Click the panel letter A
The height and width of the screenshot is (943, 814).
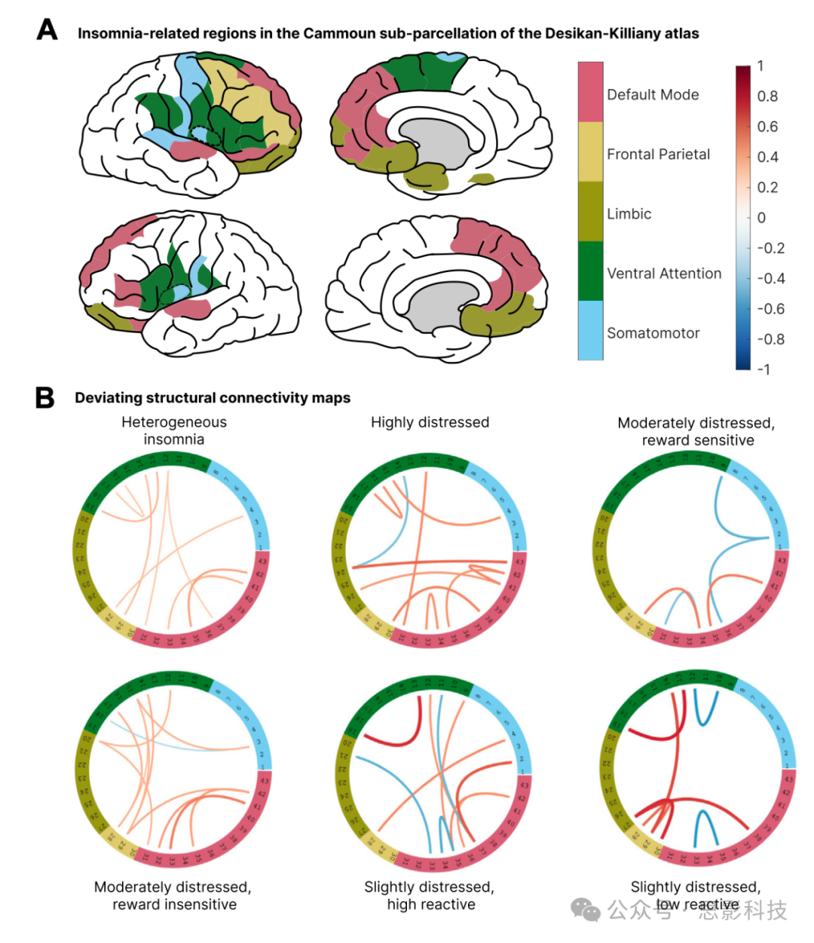tap(47, 30)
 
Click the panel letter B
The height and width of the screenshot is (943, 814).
tap(45, 396)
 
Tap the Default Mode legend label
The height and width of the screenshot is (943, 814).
tap(653, 95)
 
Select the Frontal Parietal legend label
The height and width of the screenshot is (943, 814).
tap(658, 155)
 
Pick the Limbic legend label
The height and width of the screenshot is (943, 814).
tap(629, 214)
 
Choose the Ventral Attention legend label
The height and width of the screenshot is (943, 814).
tap(664, 274)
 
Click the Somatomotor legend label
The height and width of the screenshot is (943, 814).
tap(653, 333)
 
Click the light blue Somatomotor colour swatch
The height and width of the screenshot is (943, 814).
tap(590, 331)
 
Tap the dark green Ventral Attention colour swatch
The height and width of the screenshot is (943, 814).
tap(590, 271)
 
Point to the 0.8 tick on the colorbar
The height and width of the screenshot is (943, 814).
tap(767, 96)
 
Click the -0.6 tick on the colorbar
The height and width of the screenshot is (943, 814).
tap(770, 309)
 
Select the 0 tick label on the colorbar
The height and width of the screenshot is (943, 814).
tap(761, 218)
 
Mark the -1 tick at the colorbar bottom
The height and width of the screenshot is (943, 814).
tap(764, 369)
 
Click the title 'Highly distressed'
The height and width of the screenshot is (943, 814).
tap(430, 422)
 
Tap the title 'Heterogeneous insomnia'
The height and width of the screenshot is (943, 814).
tap(174, 430)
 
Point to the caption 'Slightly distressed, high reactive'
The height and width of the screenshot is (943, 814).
tap(430, 896)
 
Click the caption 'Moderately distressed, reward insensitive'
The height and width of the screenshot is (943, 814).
tap(173, 896)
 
